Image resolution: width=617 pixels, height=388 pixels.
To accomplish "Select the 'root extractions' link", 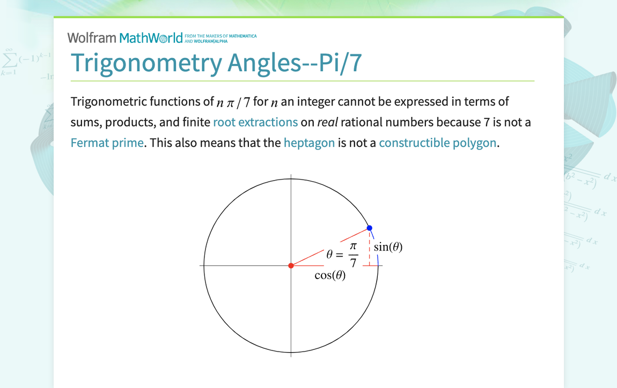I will click(255, 122).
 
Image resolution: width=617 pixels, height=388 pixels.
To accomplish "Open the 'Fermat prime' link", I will click(107, 143).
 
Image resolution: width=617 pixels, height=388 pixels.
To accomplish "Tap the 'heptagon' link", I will click(309, 143).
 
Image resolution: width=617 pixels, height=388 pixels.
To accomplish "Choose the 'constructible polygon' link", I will click(438, 143).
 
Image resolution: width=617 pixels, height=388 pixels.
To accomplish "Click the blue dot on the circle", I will click(369, 228).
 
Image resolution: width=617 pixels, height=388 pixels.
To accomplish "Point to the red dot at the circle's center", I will click(291, 265).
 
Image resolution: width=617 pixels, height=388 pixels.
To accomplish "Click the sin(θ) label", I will click(388, 247).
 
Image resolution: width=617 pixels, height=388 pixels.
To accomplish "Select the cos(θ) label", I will click(330, 276).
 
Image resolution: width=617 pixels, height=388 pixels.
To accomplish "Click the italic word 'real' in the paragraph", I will click(327, 122).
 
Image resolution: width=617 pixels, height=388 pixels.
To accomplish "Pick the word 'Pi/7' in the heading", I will click(341, 63).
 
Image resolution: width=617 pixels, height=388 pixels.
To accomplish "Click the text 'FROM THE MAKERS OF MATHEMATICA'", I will click(220, 36).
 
